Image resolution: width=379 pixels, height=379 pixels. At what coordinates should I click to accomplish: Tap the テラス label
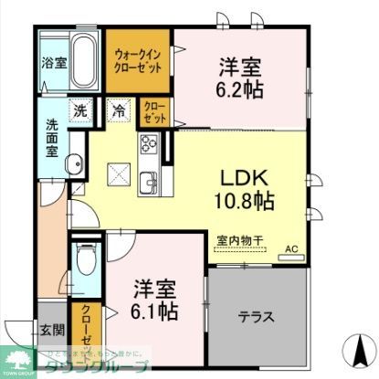coord(258,319)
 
